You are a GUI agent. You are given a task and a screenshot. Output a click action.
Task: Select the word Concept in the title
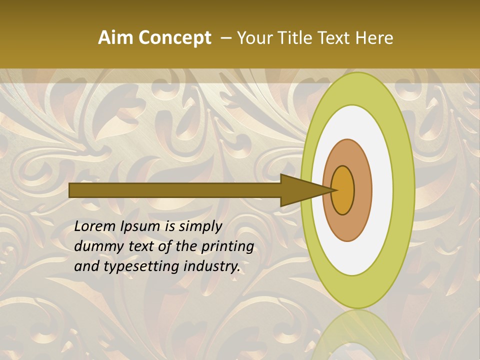(x=175, y=38)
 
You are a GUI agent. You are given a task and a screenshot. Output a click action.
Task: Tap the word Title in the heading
(x=296, y=38)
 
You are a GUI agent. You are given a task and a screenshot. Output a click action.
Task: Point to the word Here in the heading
(x=375, y=38)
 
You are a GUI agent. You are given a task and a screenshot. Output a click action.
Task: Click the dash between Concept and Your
(x=226, y=38)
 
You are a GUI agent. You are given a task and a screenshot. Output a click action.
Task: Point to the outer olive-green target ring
(x=404, y=190)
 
